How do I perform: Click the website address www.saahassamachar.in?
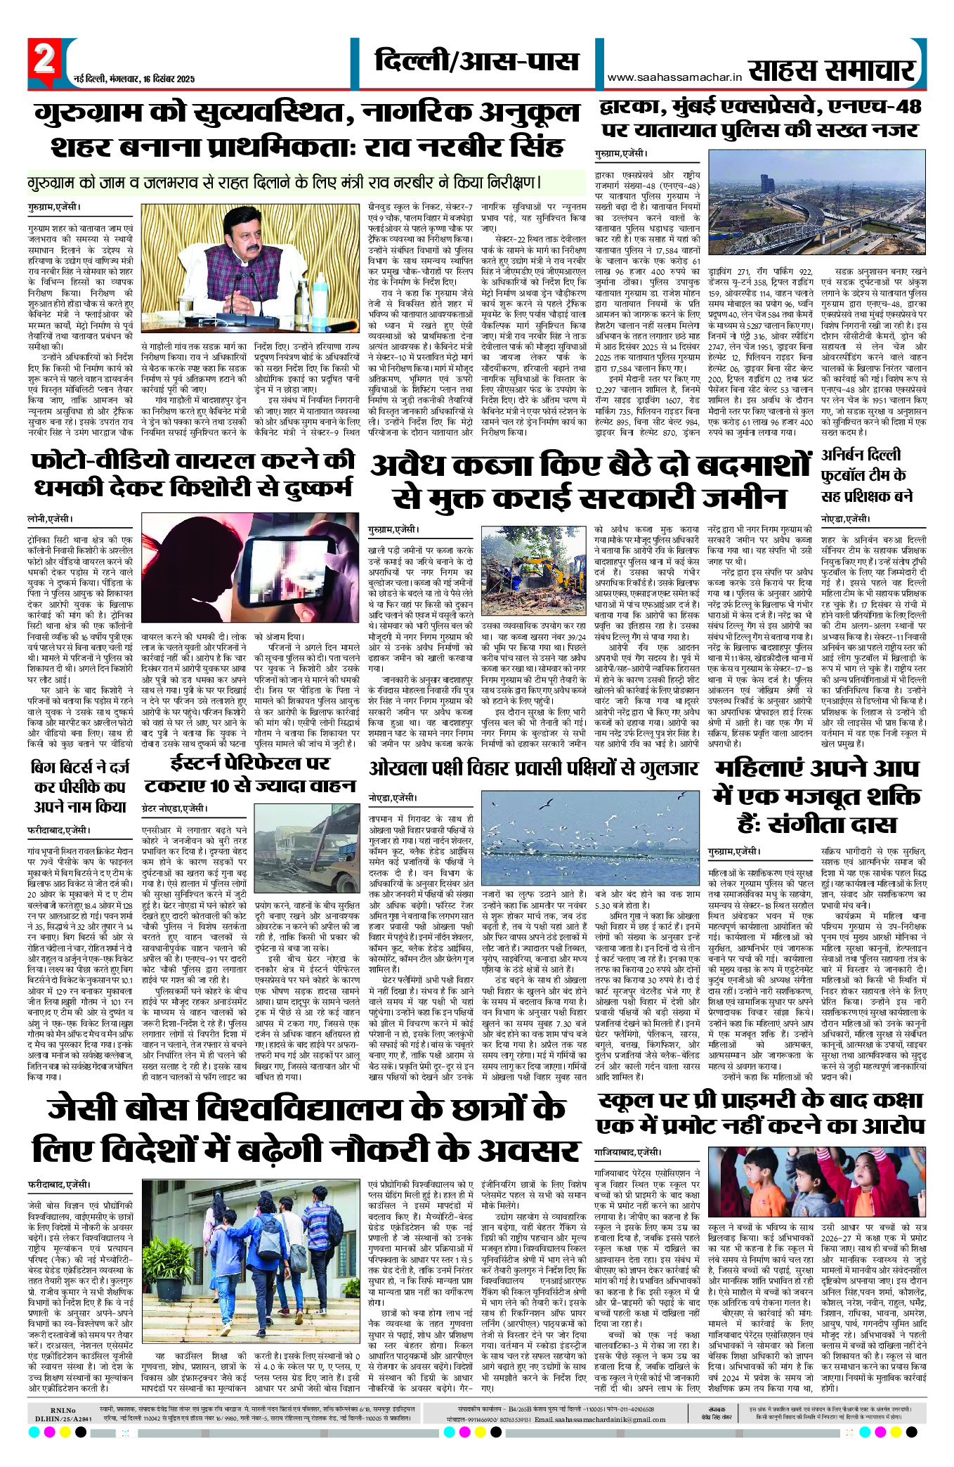coord(674,77)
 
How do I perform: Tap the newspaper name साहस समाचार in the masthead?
coord(832,71)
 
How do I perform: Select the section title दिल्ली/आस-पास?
coord(476,61)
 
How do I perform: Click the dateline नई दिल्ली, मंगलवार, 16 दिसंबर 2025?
coord(134,79)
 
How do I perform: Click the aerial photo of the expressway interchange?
coord(817,205)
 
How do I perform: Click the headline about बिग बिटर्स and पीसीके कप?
coord(79,787)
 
